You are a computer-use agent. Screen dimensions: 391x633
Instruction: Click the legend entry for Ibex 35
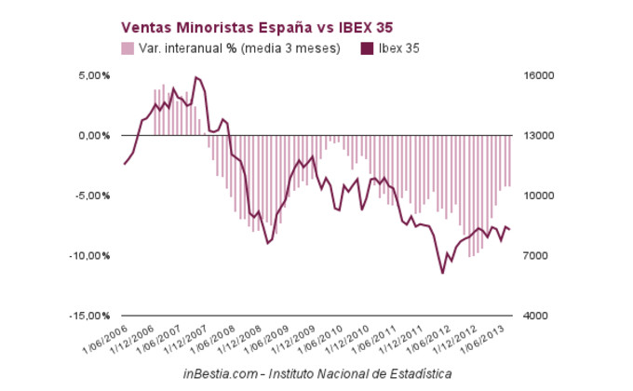(x=397, y=47)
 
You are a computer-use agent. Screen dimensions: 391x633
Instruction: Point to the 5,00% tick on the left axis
(x=91, y=75)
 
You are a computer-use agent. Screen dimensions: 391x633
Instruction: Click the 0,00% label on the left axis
(x=91, y=136)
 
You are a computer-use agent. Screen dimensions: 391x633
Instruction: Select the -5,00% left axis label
(x=90, y=195)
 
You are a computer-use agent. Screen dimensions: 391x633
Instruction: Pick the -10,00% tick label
(x=88, y=256)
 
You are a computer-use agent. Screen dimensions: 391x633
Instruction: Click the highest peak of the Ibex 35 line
(x=195, y=77)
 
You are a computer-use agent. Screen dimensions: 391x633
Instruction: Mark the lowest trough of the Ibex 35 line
(x=443, y=273)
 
